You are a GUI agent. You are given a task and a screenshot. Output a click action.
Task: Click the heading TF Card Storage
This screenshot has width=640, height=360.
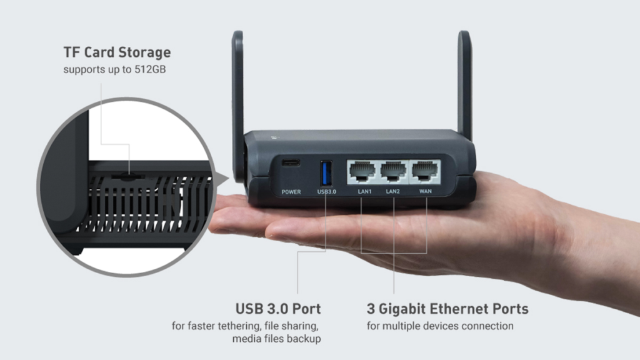click(117, 51)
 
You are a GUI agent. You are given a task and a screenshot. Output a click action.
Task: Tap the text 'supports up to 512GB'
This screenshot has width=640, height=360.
click(114, 69)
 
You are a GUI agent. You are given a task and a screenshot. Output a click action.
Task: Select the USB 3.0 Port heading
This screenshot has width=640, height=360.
click(278, 309)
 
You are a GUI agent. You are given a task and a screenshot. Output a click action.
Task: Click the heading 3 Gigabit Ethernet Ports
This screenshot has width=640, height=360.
click(447, 309)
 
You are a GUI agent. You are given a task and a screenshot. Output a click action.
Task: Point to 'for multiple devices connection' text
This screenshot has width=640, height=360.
click(440, 326)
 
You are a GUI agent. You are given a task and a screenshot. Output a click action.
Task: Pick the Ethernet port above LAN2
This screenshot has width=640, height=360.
click(393, 171)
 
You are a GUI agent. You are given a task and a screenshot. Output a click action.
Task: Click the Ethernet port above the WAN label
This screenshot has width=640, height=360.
click(425, 171)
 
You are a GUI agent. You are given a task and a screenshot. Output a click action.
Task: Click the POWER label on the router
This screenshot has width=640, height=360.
click(291, 192)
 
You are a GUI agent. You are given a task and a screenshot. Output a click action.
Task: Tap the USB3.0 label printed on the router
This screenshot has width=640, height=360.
click(326, 192)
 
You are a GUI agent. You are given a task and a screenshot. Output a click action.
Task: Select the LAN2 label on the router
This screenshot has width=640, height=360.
click(393, 191)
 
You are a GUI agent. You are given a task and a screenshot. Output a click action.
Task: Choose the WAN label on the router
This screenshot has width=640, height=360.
click(425, 191)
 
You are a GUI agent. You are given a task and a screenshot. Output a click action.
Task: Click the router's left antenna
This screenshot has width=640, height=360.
click(237, 100)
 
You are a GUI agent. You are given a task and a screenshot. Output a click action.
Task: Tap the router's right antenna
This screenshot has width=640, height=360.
click(464, 81)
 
